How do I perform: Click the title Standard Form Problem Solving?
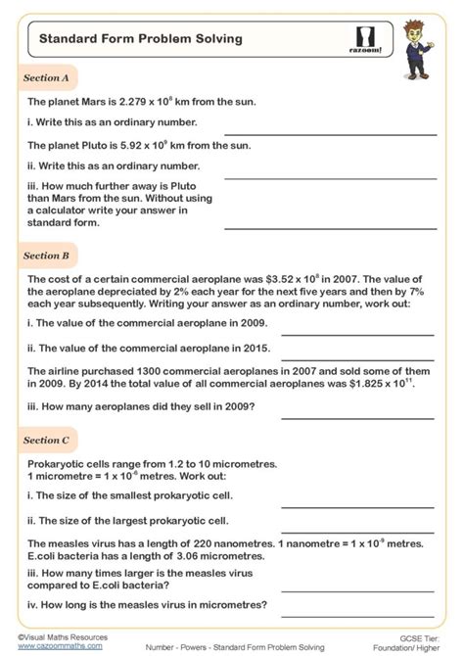click(x=127, y=39)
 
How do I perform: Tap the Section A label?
click(x=46, y=77)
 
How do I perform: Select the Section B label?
click(x=46, y=256)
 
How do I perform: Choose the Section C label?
click(x=46, y=441)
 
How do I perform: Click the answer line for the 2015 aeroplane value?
click(x=357, y=355)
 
